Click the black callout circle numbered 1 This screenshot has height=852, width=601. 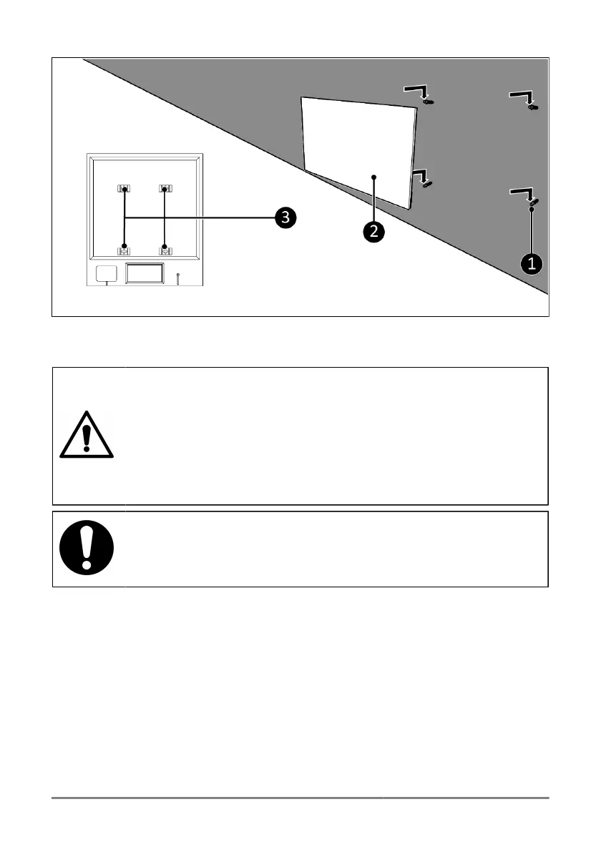531,263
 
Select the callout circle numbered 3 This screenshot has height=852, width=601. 285,217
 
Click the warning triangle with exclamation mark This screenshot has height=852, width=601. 87,436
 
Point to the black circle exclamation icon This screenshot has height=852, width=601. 87,549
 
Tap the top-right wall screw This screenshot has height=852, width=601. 532,107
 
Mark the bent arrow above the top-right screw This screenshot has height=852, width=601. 521,96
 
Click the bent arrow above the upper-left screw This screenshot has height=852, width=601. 416,90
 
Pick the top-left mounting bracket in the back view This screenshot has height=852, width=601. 124,189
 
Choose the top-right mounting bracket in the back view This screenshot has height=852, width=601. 165,189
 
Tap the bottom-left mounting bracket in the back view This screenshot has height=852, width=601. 124,248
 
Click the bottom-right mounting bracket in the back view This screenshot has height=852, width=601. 165,248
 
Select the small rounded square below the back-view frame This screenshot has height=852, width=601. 106,273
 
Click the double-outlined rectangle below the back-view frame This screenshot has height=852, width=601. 145,274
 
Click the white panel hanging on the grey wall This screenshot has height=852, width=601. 358,147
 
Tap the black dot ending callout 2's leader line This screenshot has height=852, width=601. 373,176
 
